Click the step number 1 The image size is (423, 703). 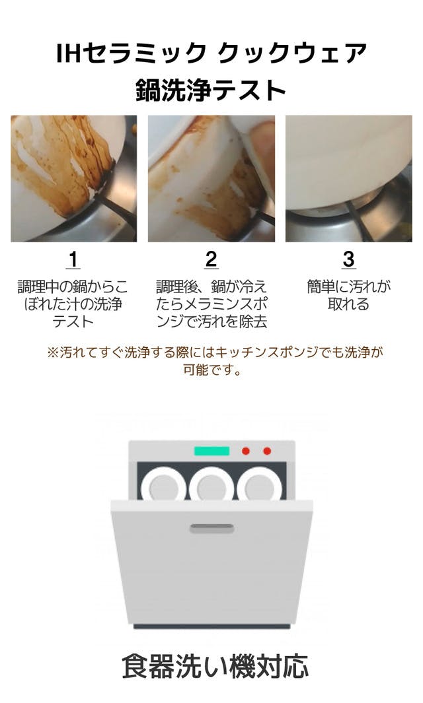(73, 259)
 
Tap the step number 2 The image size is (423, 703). (211, 259)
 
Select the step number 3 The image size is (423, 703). (348, 259)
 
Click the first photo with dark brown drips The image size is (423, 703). (73, 178)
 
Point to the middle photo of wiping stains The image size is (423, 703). (211, 178)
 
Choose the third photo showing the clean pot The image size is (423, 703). (349, 178)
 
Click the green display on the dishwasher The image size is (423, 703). (211, 451)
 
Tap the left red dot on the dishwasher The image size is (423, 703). (246, 451)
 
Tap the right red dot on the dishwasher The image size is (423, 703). (267, 451)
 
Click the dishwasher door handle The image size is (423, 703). (212, 528)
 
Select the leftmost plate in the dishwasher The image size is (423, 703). (163, 485)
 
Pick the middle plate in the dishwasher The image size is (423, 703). (211, 485)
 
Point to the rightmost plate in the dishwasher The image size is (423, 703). (260, 485)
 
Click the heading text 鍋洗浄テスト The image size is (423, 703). (211, 90)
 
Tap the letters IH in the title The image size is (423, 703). (69, 53)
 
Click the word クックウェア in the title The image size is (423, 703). (292, 53)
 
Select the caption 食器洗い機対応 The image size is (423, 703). (215, 666)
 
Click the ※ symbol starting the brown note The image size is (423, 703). (53, 352)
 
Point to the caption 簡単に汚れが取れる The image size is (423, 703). (348, 296)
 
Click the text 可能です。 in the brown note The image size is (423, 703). (212, 370)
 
